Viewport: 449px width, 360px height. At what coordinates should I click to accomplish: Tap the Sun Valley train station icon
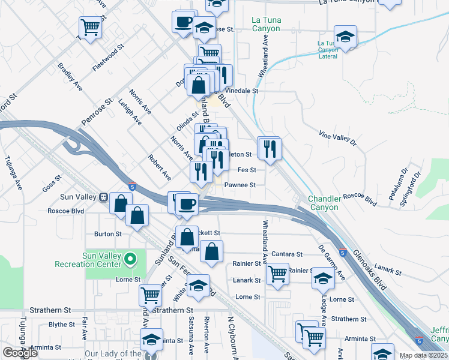pyautogui.click(x=103, y=196)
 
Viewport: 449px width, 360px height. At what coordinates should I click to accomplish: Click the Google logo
pyautogui.click(x=20, y=353)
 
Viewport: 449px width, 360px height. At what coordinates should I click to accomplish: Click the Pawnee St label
pyautogui.click(x=240, y=185)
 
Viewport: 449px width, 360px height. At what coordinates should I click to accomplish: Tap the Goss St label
pyautogui.click(x=53, y=182)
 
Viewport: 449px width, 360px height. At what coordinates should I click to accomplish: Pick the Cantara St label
pyautogui.click(x=286, y=254)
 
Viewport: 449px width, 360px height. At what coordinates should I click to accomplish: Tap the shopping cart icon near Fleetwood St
pyautogui.click(x=89, y=26)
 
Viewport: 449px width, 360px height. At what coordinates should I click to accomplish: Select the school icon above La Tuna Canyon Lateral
pyautogui.click(x=345, y=35)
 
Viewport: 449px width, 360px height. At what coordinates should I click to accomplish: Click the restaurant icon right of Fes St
pyautogui.click(x=270, y=147)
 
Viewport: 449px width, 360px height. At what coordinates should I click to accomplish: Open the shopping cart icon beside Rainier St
pyautogui.click(x=277, y=274)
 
